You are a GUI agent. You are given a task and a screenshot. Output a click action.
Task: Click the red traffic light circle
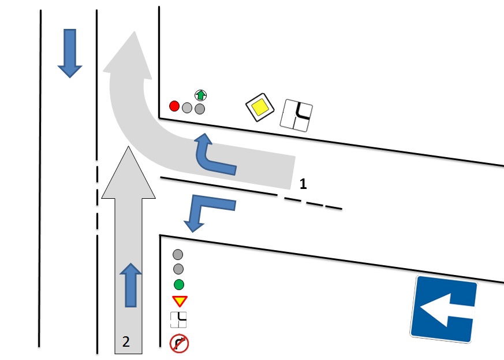click(x=174, y=106)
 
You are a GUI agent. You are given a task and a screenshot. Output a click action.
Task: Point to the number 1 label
click(x=303, y=184)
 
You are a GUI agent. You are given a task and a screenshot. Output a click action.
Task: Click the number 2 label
click(x=126, y=342)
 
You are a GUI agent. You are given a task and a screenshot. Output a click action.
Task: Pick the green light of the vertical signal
click(x=178, y=284)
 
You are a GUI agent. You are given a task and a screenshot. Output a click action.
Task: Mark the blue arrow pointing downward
click(x=70, y=53)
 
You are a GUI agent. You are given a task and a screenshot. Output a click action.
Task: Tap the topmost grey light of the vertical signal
click(x=178, y=254)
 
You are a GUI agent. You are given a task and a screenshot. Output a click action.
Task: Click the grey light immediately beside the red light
click(x=186, y=107)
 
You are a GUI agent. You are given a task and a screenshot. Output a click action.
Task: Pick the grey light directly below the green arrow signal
click(x=200, y=108)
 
